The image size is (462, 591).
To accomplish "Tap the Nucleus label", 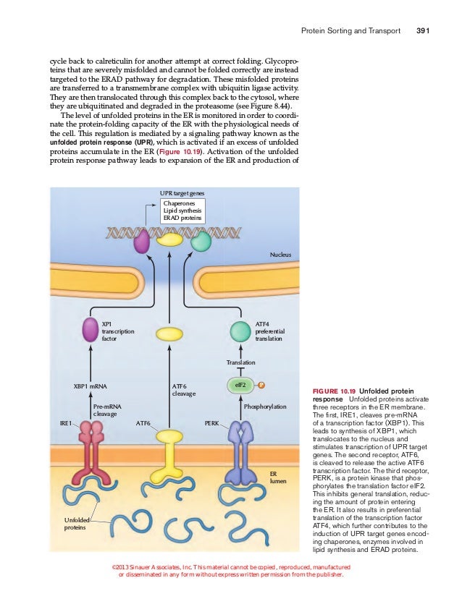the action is tap(280, 255).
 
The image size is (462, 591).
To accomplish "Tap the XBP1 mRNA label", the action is tap(91, 387).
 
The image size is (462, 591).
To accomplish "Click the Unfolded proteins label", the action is tap(75, 524).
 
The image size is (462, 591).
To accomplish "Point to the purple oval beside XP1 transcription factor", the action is tap(91, 330).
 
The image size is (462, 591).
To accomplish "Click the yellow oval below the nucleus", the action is tap(169, 333).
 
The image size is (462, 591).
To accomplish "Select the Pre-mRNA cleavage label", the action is tap(106, 411).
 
